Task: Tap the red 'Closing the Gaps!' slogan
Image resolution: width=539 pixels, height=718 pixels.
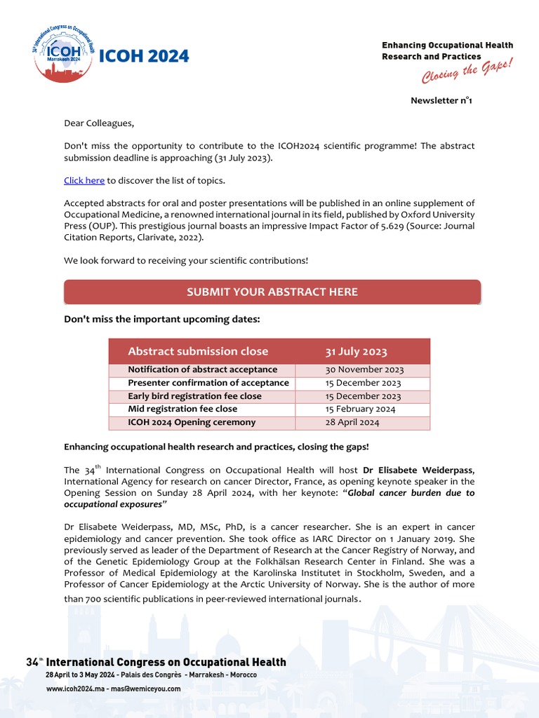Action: click(467, 68)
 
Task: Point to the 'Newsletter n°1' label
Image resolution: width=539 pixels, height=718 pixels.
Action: click(441, 100)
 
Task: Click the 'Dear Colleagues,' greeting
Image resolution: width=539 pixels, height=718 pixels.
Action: click(98, 123)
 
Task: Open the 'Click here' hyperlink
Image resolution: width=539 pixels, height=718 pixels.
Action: click(84, 180)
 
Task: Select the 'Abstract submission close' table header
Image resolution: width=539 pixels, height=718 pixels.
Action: click(198, 351)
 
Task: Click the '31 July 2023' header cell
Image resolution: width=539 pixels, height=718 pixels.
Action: click(356, 351)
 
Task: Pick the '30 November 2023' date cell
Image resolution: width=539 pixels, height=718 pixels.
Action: click(364, 370)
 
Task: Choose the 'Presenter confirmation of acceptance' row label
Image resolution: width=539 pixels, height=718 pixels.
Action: click(208, 383)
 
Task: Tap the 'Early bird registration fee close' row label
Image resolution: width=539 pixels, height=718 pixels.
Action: click(194, 396)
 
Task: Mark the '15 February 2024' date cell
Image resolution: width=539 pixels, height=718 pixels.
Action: click(360, 409)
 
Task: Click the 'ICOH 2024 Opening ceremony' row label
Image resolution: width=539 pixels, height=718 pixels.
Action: click(192, 422)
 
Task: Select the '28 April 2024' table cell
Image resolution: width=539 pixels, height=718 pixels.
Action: click(352, 422)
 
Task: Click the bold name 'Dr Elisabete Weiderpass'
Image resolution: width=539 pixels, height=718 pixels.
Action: click(418, 469)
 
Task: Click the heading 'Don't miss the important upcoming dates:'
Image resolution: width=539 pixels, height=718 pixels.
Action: click(162, 319)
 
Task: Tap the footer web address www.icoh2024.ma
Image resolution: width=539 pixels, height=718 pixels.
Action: click(75, 689)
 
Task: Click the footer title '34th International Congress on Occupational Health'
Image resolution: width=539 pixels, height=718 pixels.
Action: click(156, 662)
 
